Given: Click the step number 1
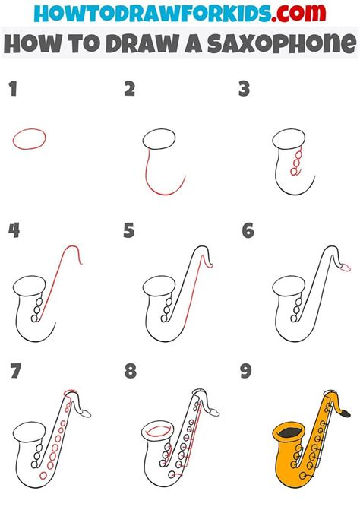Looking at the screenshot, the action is [x=13, y=89].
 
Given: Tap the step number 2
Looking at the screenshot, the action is [x=129, y=89].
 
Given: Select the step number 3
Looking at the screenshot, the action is [x=244, y=89].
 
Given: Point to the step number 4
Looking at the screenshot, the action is [x=14, y=230].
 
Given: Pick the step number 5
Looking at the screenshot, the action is [x=128, y=230].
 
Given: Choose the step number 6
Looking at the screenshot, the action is [x=248, y=230].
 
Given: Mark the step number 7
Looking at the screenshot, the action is [x=16, y=371].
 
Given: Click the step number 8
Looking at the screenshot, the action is [x=131, y=371].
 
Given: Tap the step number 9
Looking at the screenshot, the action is [x=246, y=371].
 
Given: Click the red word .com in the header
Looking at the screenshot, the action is [x=298, y=13].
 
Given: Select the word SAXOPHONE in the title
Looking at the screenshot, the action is [x=282, y=43].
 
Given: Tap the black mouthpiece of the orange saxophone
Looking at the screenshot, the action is [x=346, y=414].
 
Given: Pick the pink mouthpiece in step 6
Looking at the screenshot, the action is [x=344, y=268].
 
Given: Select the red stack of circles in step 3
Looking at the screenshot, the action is [x=297, y=161].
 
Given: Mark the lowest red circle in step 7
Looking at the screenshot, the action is [x=43, y=476].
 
